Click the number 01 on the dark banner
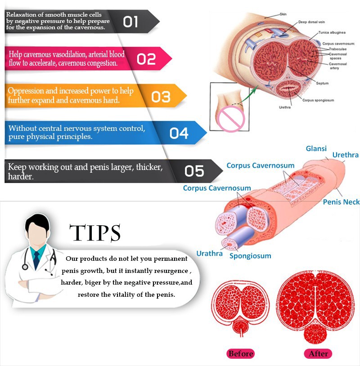(130, 22)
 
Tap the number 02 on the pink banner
(146, 59)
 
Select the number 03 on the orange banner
(161, 97)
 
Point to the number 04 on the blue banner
(179, 133)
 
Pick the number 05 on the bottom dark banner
(194, 171)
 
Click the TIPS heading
(95, 233)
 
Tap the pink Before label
(241, 353)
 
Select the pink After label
(318, 353)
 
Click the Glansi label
(316, 149)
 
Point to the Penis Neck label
(341, 202)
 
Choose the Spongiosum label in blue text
(250, 256)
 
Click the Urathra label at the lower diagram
(209, 254)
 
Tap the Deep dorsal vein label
(311, 22)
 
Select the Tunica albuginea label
(332, 32)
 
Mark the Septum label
(322, 83)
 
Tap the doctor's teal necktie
(36, 259)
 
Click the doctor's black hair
(37, 223)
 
